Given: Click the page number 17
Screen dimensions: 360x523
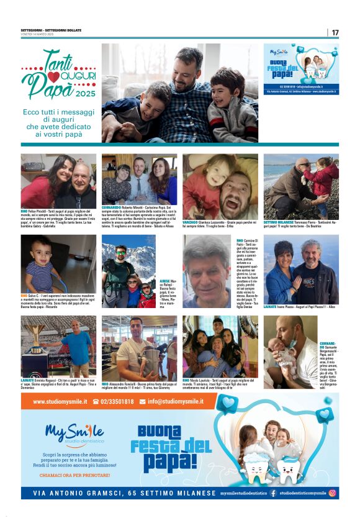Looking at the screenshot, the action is [x=335, y=32].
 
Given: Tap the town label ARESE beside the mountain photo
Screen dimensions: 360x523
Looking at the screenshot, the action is [x=164, y=281].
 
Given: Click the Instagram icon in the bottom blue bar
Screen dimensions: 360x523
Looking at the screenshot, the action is [x=333, y=493].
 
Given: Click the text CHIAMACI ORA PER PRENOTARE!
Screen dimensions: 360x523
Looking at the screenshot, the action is [x=74, y=474].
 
